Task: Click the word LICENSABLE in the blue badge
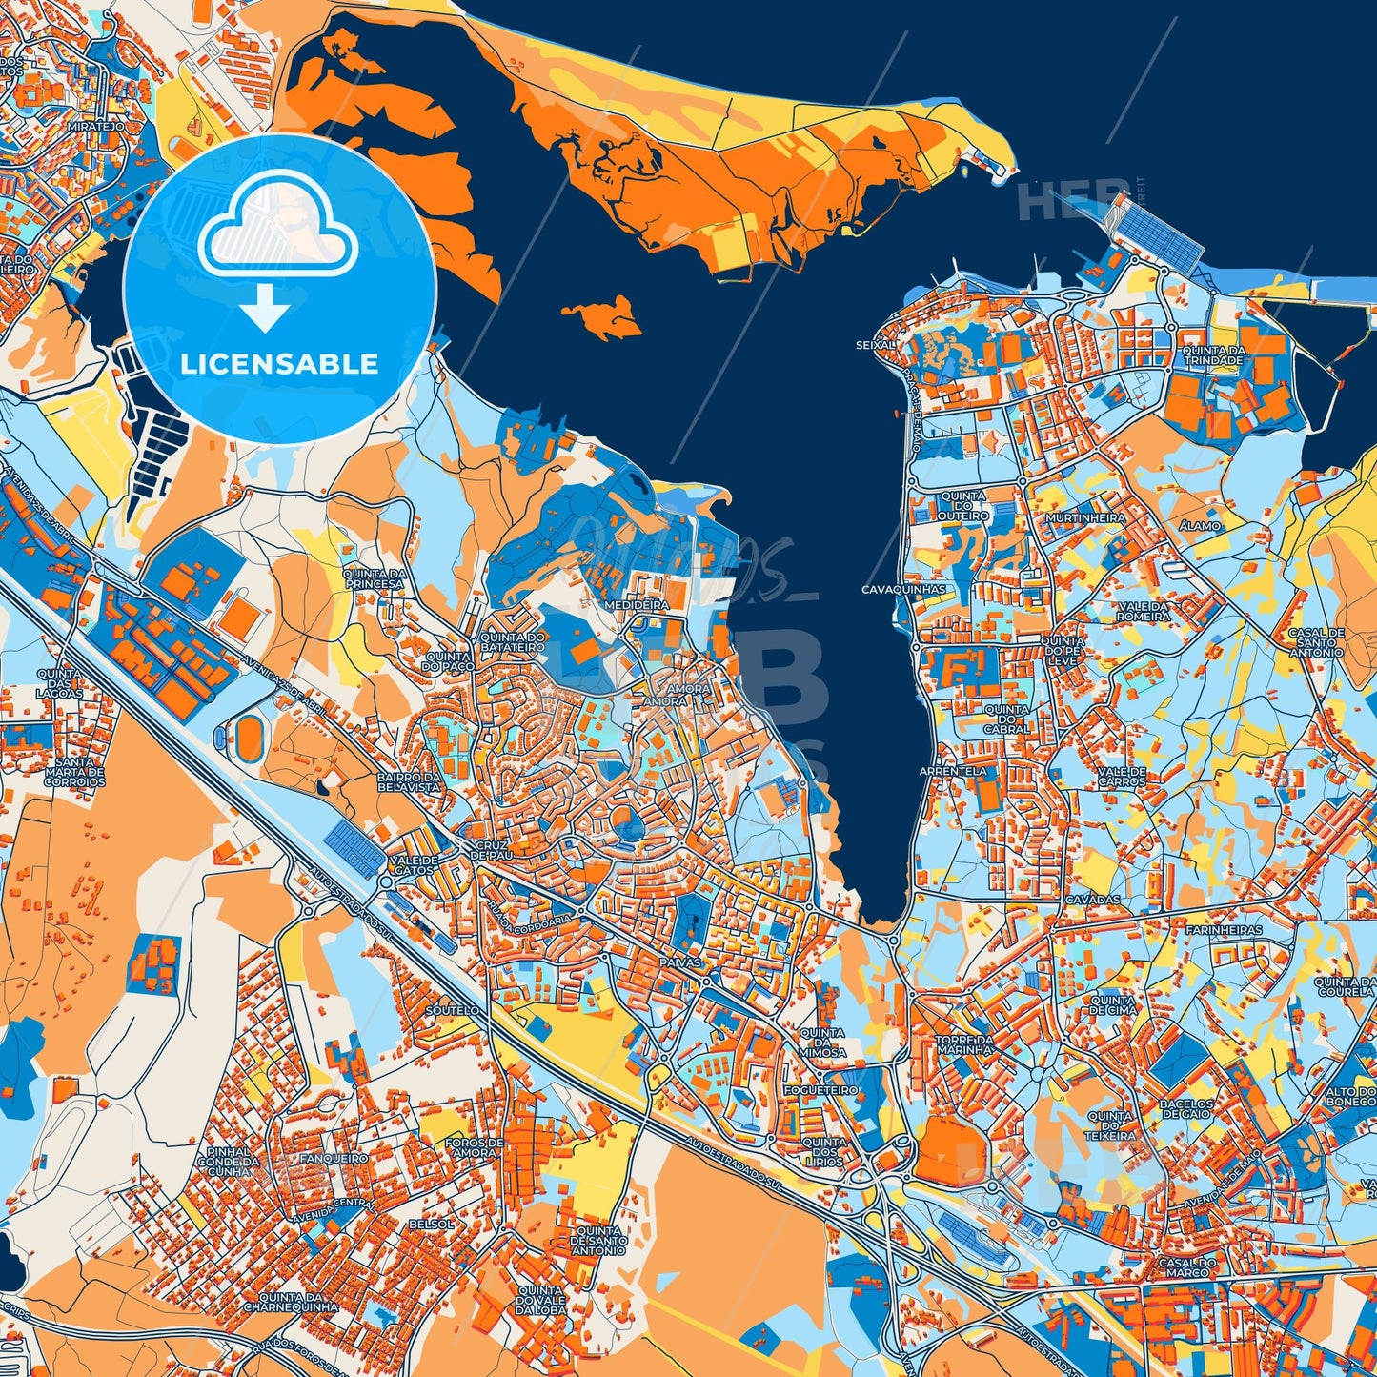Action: click(x=279, y=364)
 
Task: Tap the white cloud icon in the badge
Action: click(x=277, y=227)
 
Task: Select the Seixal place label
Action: click(x=877, y=345)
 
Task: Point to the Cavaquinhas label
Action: click(x=904, y=590)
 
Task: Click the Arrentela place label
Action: click(x=954, y=770)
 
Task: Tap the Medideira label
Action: click(x=637, y=605)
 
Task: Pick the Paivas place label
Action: click(x=678, y=962)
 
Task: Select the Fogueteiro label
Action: click(x=820, y=1089)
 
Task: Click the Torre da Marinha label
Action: click(x=965, y=1044)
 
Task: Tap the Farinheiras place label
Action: click(x=1224, y=929)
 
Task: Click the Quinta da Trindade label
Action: click(x=1212, y=355)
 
